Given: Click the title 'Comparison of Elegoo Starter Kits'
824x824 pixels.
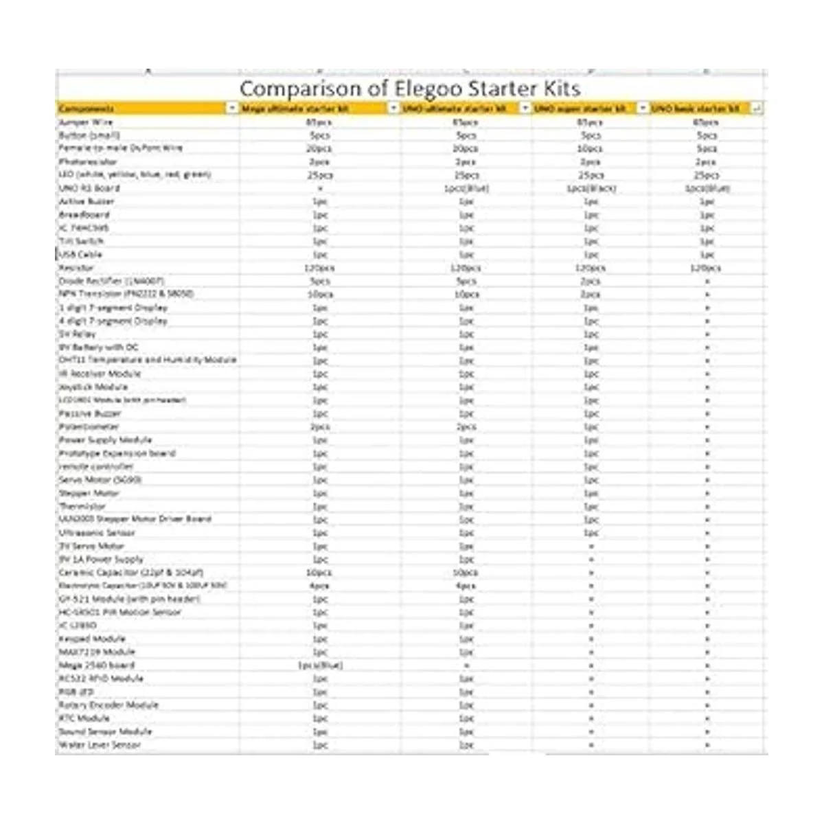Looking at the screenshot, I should [410, 89].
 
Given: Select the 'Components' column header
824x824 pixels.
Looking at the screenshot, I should [87, 108].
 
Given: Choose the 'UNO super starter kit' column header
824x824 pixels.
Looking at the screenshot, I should [581, 108].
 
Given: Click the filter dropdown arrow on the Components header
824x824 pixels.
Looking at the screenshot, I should [232, 108].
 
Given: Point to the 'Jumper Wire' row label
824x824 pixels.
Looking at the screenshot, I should [86, 122].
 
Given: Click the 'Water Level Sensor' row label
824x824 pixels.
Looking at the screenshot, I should [100, 744].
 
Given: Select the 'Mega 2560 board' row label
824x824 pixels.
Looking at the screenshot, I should [97, 665].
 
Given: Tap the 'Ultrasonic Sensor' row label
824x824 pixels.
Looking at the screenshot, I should [97, 532].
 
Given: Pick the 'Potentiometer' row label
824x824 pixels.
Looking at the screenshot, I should [90, 426].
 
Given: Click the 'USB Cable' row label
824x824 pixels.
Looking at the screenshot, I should [80, 254].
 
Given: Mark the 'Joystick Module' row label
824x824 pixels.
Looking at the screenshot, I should [93, 387].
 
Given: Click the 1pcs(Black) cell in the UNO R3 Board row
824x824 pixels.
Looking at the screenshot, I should [591, 188].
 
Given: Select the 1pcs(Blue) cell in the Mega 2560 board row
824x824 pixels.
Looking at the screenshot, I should [320, 665].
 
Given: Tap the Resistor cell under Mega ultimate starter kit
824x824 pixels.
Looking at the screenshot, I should [319, 268].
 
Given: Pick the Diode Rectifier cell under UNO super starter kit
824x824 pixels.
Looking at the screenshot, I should [591, 281].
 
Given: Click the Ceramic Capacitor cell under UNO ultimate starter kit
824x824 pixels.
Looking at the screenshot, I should [466, 572].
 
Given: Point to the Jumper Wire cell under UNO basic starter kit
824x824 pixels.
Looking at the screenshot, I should [707, 122].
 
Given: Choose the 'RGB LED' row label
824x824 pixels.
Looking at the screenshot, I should [76, 691].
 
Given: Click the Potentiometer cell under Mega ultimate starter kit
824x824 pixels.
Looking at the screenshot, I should [320, 426].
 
